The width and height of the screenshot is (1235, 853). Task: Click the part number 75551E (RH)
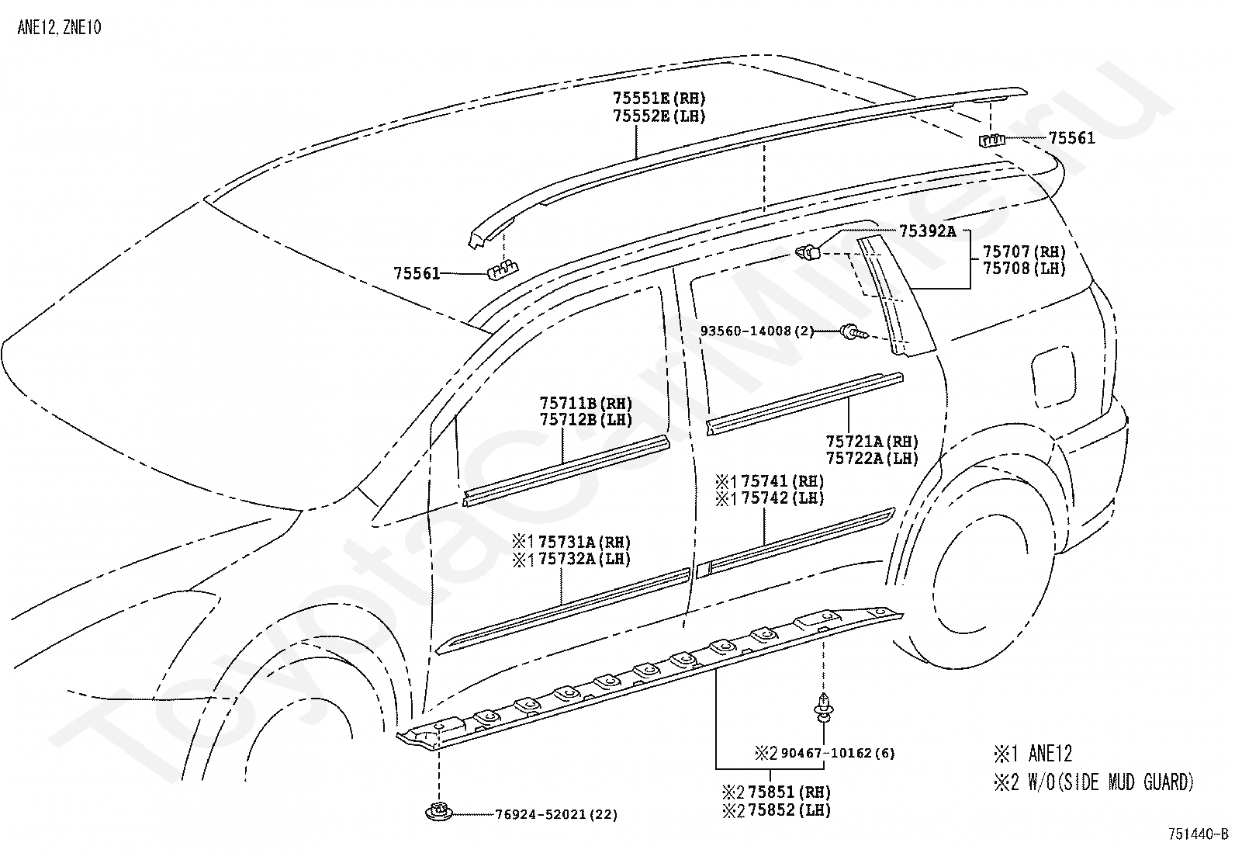click(x=659, y=99)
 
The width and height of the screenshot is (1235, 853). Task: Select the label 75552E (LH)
click(x=659, y=116)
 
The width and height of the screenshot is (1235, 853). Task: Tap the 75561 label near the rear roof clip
click(x=1072, y=138)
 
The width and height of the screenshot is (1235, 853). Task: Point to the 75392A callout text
click(x=928, y=231)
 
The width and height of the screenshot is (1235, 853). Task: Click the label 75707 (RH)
click(x=1025, y=252)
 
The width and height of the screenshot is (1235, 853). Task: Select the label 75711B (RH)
click(x=586, y=404)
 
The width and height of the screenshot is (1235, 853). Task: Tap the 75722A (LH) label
click(x=872, y=459)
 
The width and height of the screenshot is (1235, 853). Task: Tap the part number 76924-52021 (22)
click(x=556, y=814)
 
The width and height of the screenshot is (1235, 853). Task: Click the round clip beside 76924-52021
click(x=439, y=812)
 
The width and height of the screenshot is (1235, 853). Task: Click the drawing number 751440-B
click(x=1199, y=834)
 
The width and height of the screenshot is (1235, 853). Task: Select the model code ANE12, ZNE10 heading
click(x=59, y=28)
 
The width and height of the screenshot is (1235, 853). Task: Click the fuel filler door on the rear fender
click(x=1053, y=378)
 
